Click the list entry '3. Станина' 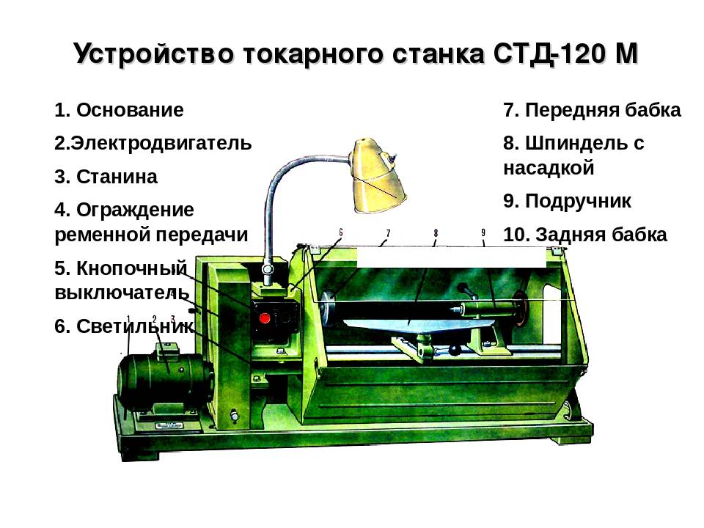106,177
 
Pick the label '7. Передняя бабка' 592,111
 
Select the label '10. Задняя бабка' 584,235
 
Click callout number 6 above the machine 341,232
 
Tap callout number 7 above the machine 387,233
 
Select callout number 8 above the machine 436,233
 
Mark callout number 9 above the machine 483,233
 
